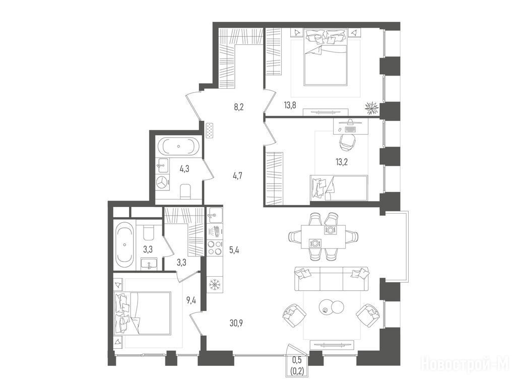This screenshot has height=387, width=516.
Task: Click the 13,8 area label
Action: pos(290,105)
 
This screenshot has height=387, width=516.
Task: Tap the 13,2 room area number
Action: pos(342,162)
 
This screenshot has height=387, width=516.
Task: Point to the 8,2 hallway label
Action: pos(238,107)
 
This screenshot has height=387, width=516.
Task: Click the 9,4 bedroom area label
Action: pos(191,300)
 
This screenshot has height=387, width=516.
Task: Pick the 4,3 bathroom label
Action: pos(184,169)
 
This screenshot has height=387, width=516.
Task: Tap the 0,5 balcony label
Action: pos(297,360)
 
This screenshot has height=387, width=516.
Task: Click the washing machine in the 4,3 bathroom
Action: pos(162,182)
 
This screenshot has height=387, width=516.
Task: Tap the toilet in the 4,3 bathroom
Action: pos(186,191)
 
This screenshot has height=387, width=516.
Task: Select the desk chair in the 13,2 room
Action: pos(348,142)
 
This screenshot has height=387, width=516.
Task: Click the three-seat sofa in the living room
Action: pos(332,279)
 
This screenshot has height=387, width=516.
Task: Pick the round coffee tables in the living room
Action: pos(332,307)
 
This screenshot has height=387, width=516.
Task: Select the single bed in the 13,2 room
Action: pos(339,187)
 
